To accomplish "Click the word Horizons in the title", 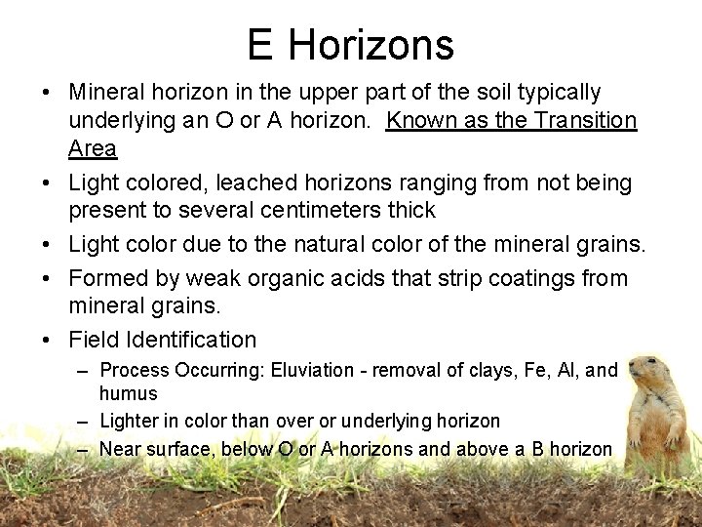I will (371, 45).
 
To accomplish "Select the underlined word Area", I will (93, 149).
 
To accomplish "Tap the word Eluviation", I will (313, 370).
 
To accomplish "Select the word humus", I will (128, 393).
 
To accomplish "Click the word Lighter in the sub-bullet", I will (131, 421).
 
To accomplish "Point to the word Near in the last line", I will (121, 449).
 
